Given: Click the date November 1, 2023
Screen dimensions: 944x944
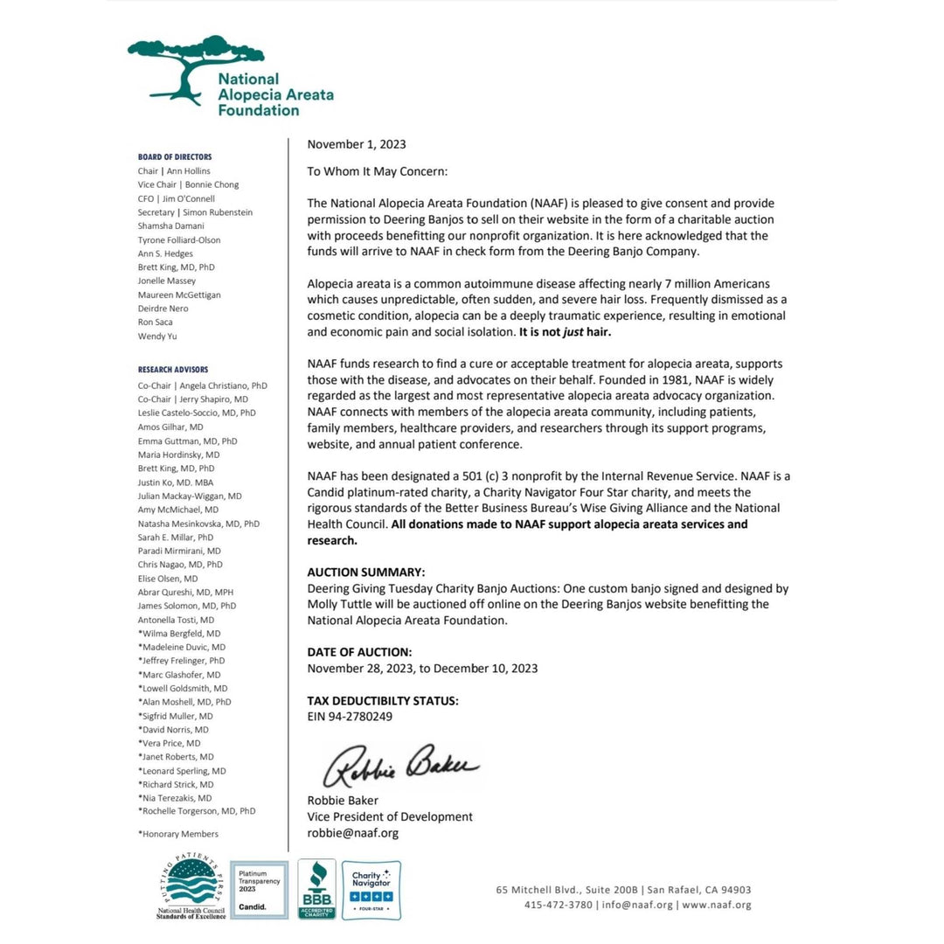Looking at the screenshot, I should pyautogui.click(x=357, y=144).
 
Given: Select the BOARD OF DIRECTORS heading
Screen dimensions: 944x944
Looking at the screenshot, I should pyautogui.click(x=175, y=157).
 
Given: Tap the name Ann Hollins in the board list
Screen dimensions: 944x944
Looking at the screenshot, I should pyautogui.click(x=186, y=171).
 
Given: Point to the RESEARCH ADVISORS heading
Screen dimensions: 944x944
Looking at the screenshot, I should pyautogui.click(x=173, y=370).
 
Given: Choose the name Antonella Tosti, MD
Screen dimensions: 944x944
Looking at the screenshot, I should pyautogui.click(x=176, y=620).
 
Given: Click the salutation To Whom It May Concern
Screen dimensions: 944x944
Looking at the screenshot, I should pyautogui.click(x=377, y=172).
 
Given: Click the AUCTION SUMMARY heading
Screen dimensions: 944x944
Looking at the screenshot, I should pyautogui.click(x=366, y=572).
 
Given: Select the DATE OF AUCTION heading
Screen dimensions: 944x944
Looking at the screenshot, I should pyautogui.click(x=359, y=652).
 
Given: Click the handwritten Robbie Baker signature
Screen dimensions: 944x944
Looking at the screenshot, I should pyautogui.click(x=401, y=766).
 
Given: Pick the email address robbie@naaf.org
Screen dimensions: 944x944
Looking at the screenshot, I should pyautogui.click(x=352, y=833).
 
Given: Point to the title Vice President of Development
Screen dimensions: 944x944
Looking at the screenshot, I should pyautogui.click(x=390, y=816).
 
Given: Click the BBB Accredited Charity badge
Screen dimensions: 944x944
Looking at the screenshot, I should pyautogui.click(x=316, y=888).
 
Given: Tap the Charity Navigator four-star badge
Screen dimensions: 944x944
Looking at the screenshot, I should pyautogui.click(x=371, y=889).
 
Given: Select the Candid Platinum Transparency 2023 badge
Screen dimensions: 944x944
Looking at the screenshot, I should pyautogui.click(x=259, y=889).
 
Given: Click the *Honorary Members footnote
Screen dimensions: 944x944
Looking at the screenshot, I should pyautogui.click(x=178, y=834).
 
